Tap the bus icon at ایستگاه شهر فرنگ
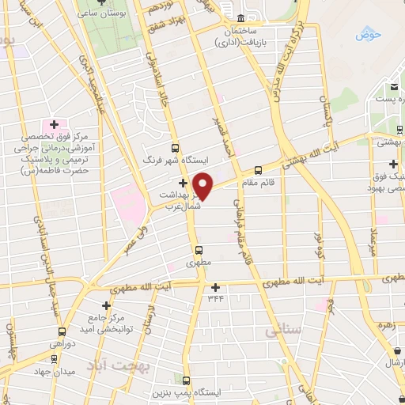pyautogui.click(x=176, y=147)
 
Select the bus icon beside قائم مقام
pyautogui.click(x=258, y=169)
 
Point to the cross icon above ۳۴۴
pyautogui.click(x=214, y=287)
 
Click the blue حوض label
pyautogui.click(x=368, y=34)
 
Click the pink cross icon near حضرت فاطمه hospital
pyautogui.click(x=54, y=125)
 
